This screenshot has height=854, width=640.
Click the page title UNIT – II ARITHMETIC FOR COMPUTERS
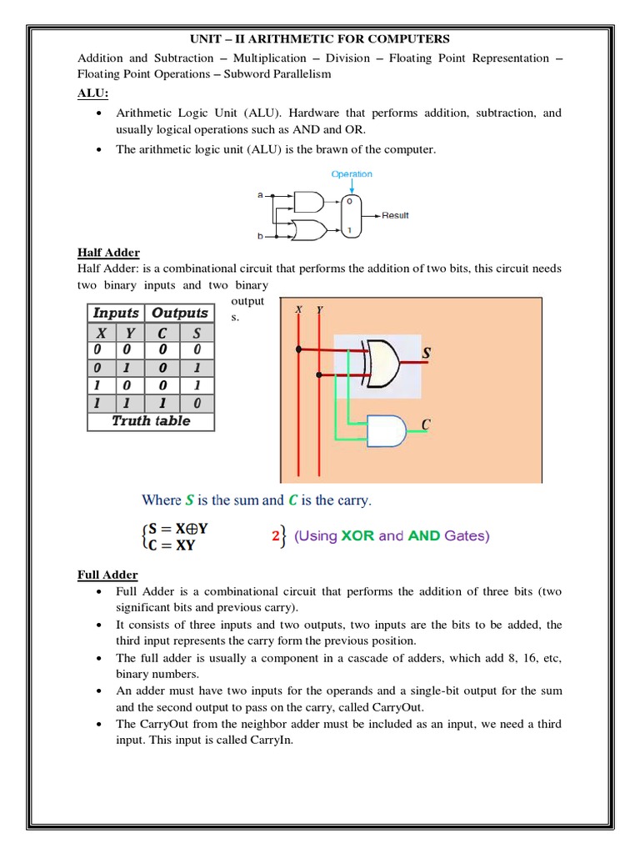(x=320, y=39)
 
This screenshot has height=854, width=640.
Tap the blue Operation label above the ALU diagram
(x=352, y=174)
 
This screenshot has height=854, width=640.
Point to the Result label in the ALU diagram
(x=396, y=215)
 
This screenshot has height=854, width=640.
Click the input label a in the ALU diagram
(x=260, y=194)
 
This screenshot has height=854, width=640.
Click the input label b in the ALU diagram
(x=260, y=237)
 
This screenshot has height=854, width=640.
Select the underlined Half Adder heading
(x=108, y=253)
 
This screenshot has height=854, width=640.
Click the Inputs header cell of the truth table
(x=116, y=313)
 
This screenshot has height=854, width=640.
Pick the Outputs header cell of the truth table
(x=180, y=313)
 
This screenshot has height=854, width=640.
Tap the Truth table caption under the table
(x=151, y=421)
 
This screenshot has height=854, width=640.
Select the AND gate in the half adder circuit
(x=384, y=431)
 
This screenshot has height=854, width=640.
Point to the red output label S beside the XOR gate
(x=427, y=354)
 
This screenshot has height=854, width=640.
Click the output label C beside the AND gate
(x=426, y=425)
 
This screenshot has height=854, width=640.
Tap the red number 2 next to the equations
(x=277, y=537)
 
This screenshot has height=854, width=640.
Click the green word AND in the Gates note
(x=424, y=536)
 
